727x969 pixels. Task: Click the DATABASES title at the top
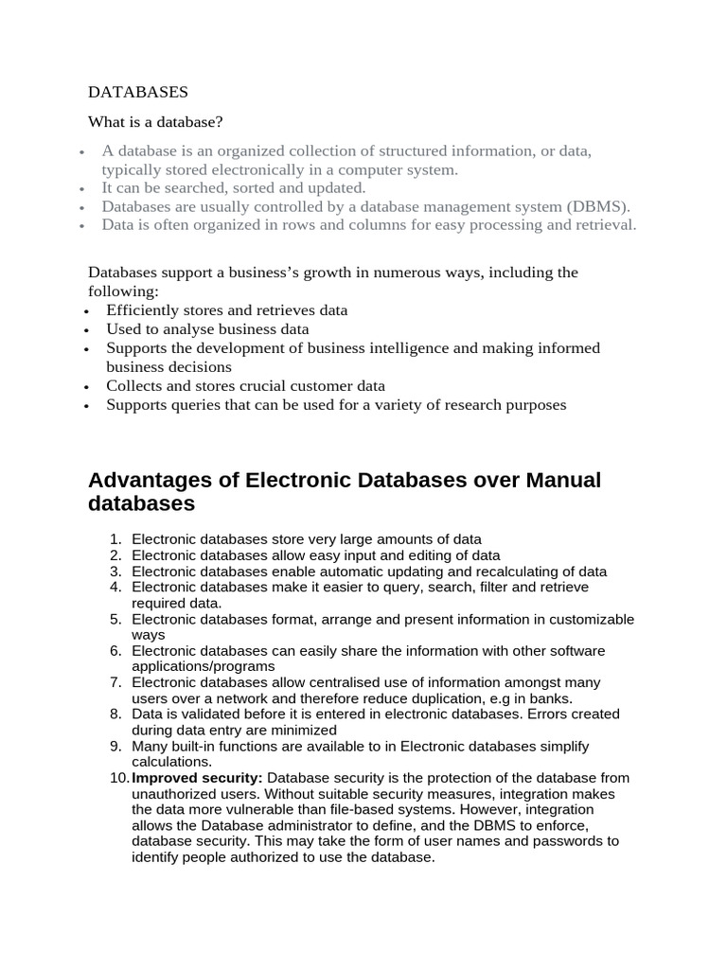click(x=138, y=92)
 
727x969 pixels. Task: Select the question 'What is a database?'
click(x=155, y=122)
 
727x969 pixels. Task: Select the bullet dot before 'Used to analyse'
click(x=85, y=330)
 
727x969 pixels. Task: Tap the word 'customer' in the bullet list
click(x=321, y=386)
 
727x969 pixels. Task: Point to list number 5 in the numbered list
click(x=115, y=620)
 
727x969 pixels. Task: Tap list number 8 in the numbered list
click(x=115, y=714)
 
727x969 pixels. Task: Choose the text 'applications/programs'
click(x=200, y=666)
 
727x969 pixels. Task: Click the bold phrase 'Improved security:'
click(x=197, y=778)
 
